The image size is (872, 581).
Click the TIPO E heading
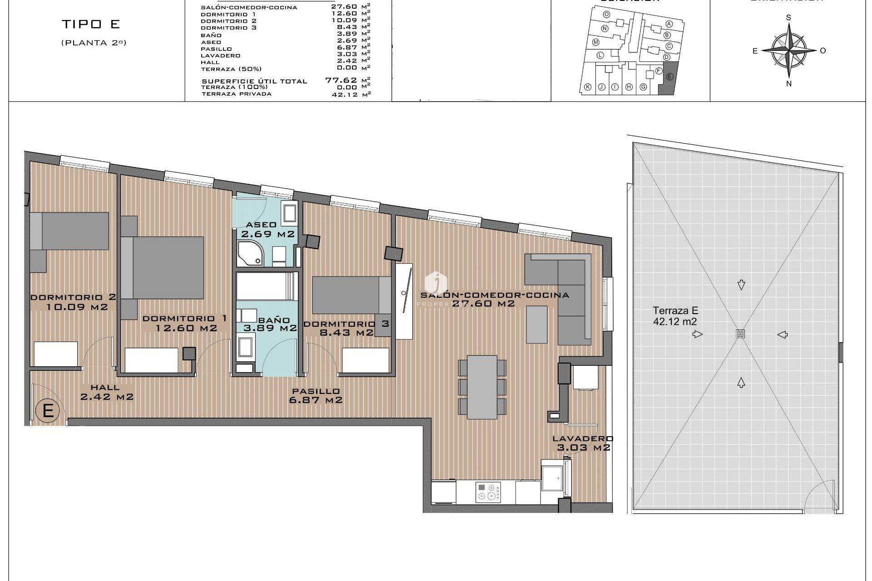(x=91, y=25)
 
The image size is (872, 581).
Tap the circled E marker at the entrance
(x=48, y=411)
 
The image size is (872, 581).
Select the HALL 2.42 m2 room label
(x=107, y=392)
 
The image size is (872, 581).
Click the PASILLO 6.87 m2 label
(x=316, y=396)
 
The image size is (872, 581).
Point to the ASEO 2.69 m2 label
(x=268, y=230)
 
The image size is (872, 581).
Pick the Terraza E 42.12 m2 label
(x=675, y=316)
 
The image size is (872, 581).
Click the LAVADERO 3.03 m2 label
(x=583, y=443)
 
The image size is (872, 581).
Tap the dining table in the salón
(x=482, y=387)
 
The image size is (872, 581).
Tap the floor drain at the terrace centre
(x=740, y=334)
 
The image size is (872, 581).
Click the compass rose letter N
(x=789, y=84)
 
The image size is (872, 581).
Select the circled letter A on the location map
(x=669, y=24)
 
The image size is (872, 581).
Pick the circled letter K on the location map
(x=588, y=87)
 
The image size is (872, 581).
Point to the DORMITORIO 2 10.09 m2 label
(x=73, y=302)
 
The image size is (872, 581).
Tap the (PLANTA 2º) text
(x=94, y=43)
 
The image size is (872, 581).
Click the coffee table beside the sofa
(x=537, y=325)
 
